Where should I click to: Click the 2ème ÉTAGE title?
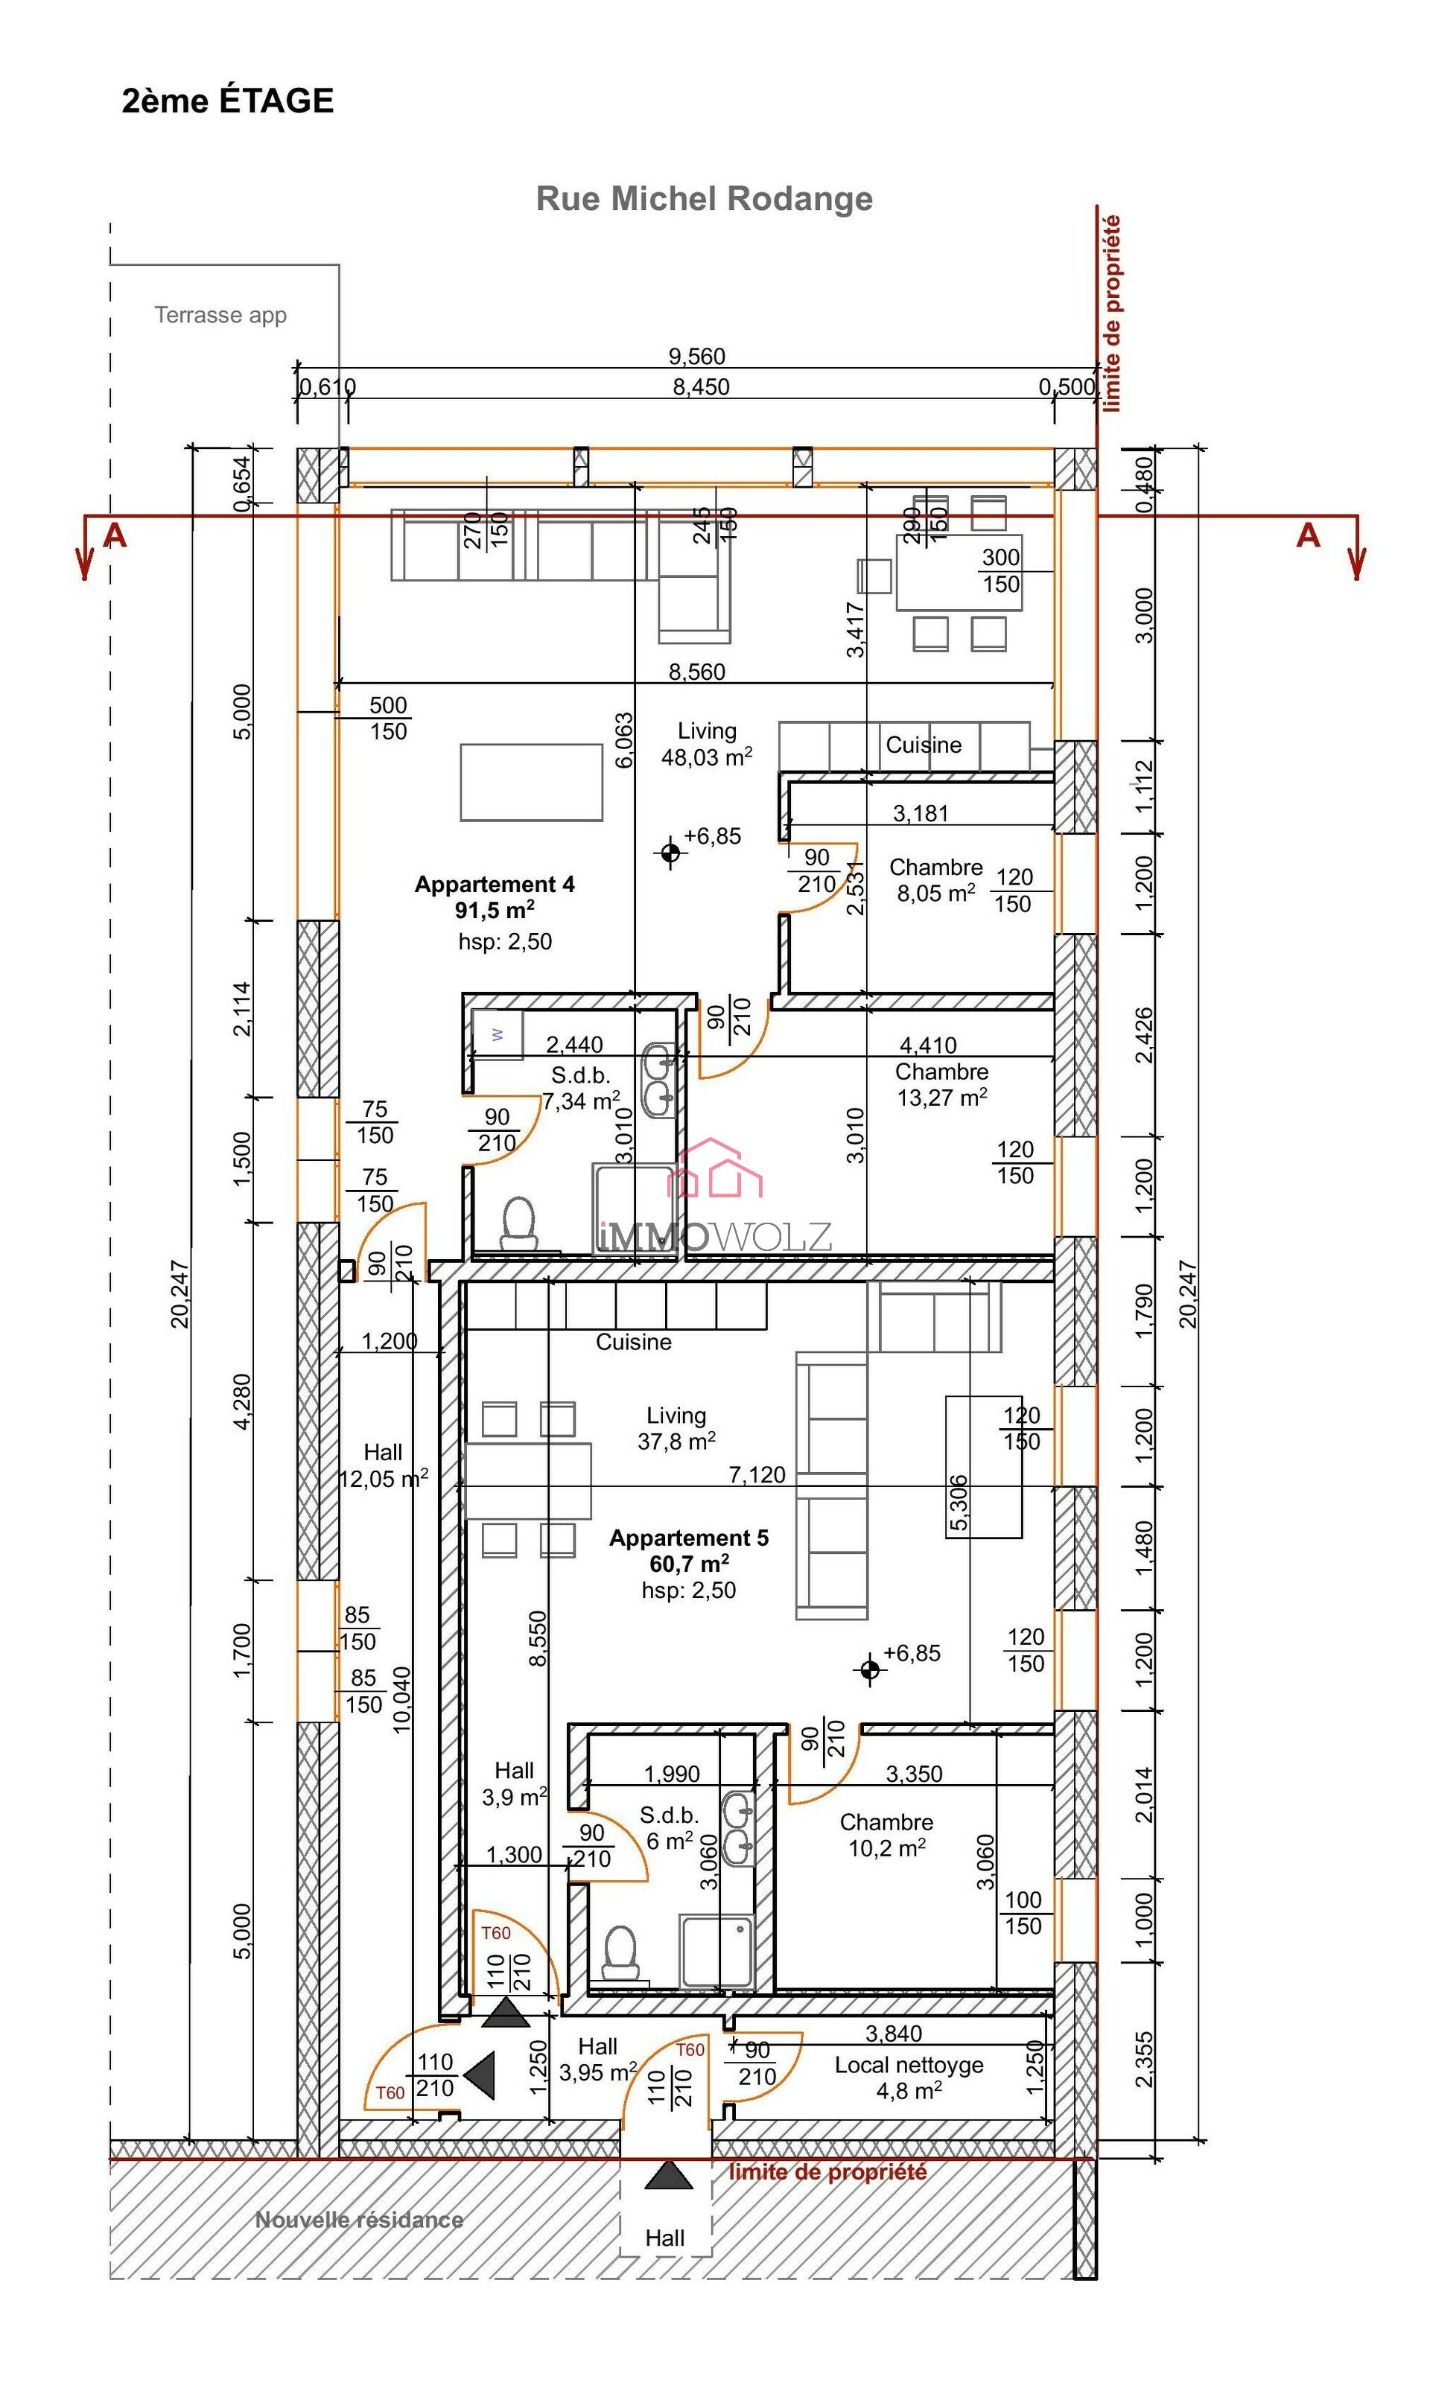coord(227,101)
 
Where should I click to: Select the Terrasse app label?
coord(220,315)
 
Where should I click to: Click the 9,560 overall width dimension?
coord(696,357)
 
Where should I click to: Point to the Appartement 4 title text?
coord(495,885)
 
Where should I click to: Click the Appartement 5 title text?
coord(688,1538)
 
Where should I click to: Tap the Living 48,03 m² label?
coord(706,745)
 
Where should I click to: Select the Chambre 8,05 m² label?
coord(935,879)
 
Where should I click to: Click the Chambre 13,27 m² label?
coord(941,1085)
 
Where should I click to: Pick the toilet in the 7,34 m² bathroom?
coord(518,1224)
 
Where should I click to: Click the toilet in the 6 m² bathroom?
coord(620,1952)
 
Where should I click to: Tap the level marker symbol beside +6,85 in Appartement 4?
coord(670,853)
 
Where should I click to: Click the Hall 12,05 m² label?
coord(383,1465)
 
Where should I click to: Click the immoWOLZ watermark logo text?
coord(713,1236)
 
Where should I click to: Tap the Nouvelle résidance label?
coord(358,2220)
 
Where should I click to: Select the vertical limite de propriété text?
coord(1112,313)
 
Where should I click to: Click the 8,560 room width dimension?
coord(696,672)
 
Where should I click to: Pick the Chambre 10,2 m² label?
coord(886,1836)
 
